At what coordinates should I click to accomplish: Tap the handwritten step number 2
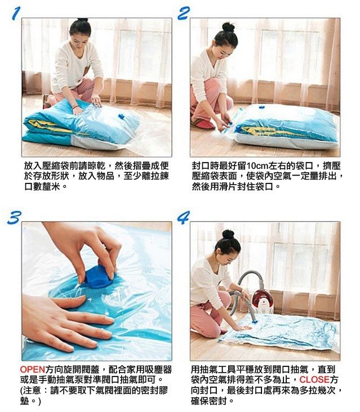tap(184, 14)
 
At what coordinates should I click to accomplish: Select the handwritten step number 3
tap(15, 218)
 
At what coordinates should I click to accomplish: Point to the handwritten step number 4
tap(183, 218)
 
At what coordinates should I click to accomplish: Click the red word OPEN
tap(33, 370)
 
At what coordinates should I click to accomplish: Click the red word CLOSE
tap(314, 379)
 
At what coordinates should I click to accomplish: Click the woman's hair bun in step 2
tap(228, 27)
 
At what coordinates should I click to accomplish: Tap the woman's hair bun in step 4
tap(228, 234)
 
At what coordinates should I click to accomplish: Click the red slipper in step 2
tap(202, 124)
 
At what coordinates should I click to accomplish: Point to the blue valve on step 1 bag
tap(121, 116)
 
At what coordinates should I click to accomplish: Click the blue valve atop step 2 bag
tap(261, 107)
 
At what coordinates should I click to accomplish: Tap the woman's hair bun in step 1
tap(83, 20)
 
